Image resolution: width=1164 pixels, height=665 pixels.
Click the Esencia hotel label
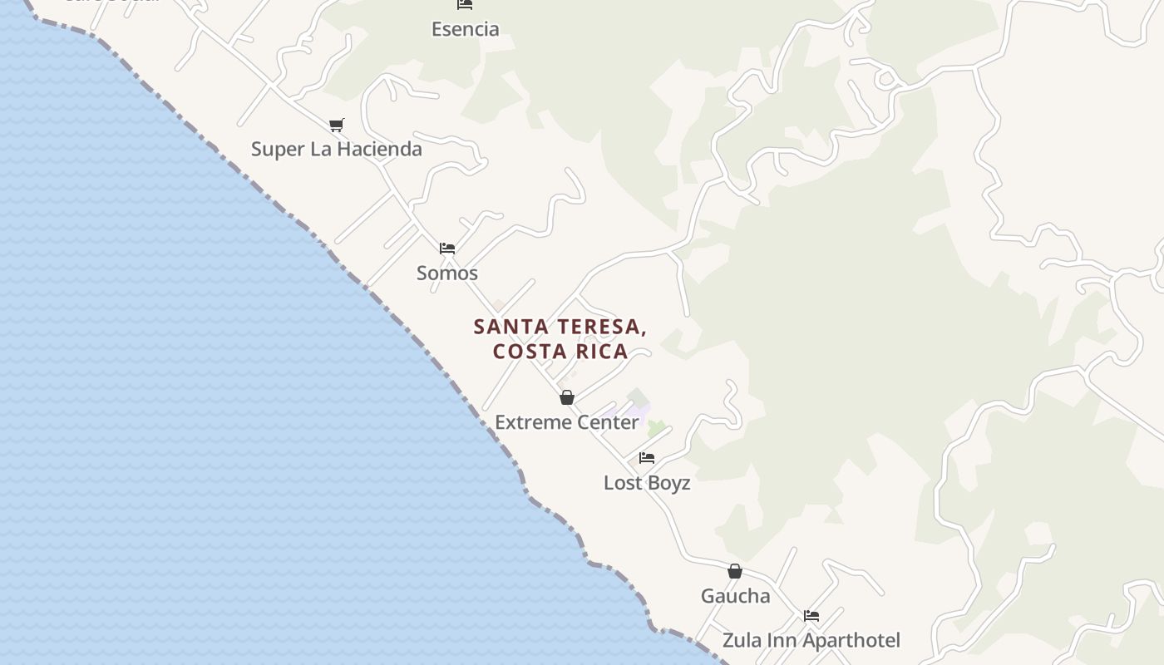[465, 29]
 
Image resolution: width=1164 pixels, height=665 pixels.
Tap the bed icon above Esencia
[465, 4]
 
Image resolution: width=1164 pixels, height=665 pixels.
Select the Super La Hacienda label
[336, 149]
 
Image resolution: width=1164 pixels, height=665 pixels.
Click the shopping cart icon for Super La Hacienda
[336, 125]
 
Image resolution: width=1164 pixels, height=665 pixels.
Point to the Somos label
[446, 273]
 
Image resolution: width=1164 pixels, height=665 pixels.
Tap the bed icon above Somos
[447, 248]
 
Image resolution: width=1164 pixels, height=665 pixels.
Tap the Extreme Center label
[566, 422]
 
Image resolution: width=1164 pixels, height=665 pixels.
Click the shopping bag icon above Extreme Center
[567, 397]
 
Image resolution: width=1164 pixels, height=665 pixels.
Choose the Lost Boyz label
[646, 483]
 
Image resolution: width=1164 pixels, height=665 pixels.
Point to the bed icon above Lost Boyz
[647, 458]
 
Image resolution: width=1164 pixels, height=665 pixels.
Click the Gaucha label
[735, 596]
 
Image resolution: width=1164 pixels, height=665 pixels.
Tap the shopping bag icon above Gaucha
[735, 571]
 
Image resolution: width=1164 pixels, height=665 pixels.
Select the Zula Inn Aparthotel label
[811, 640]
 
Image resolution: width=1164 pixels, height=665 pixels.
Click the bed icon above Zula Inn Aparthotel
[811, 616]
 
